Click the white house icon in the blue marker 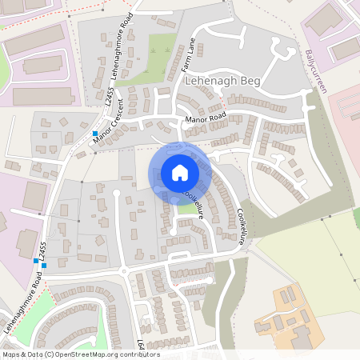coord(180,173)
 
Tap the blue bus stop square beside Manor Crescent coord(94,133)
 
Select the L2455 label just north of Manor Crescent coord(107,98)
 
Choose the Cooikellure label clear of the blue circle coord(242,226)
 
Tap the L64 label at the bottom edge coord(141,345)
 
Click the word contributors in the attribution coord(135,354)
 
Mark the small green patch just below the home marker coord(186,209)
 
